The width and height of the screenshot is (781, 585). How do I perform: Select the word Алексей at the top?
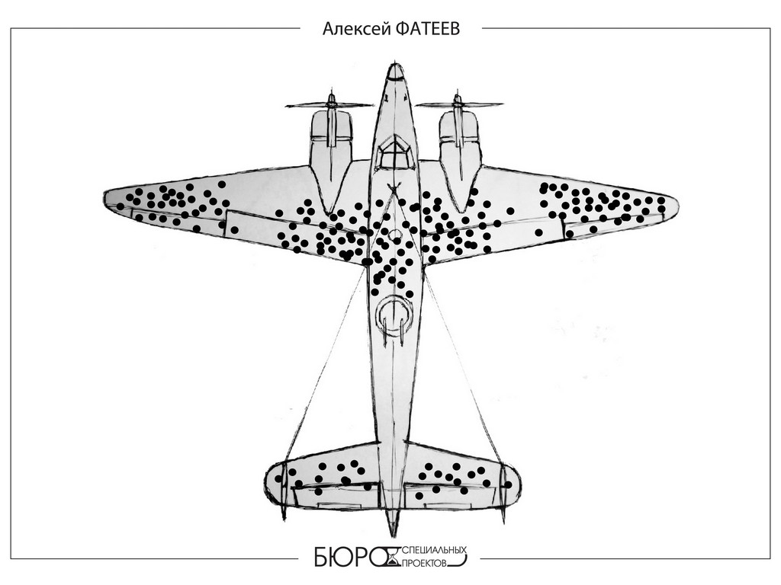coord(357,29)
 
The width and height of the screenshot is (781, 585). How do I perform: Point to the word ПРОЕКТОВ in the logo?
coord(428,563)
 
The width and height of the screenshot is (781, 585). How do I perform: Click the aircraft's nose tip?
coord(394,69)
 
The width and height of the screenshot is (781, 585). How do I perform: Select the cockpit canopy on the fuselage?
coord(394,152)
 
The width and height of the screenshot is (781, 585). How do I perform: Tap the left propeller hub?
coord(330,101)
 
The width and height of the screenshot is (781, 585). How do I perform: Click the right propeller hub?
coord(458,101)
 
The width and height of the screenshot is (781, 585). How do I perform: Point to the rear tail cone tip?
coord(393,532)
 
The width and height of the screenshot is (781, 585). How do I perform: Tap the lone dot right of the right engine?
coord(510,210)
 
